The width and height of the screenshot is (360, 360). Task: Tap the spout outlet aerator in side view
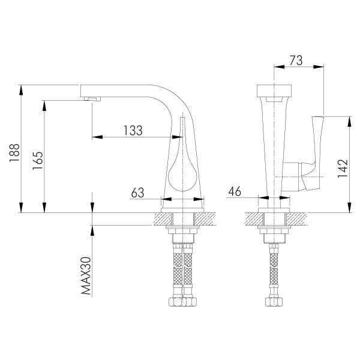[x=92, y=98]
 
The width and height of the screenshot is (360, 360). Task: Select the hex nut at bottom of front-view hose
[x=274, y=302]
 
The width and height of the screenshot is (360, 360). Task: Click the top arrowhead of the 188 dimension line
[x=22, y=89]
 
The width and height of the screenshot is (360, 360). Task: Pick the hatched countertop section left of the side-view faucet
[x=161, y=218]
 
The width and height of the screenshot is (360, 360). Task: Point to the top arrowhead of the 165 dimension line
[x=44, y=103]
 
